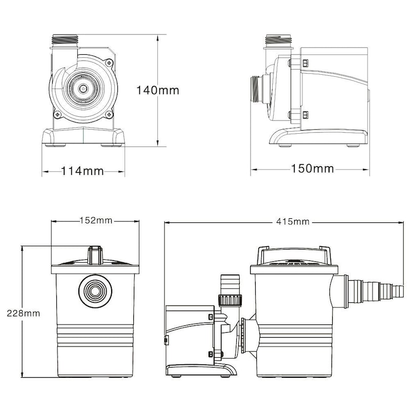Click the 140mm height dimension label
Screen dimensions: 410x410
[x=157, y=91]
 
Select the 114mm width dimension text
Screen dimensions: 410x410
[x=83, y=171]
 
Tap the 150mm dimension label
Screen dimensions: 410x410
[x=312, y=169]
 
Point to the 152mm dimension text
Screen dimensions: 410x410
[x=95, y=221]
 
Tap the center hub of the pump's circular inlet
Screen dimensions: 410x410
[x=83, y=88]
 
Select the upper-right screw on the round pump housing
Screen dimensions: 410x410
[x=109, y=63]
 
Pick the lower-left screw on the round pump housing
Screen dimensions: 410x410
[x=57, y=114]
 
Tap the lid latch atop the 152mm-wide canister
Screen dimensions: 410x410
[x=95, y=255]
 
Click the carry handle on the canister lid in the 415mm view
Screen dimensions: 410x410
[x=294, y=250]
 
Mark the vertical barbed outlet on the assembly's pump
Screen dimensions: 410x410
[x=229, y=283]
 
